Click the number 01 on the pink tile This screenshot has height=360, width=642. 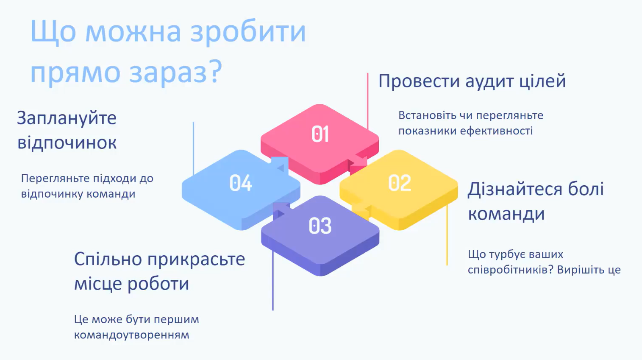320,134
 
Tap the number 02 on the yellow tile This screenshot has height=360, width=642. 400,183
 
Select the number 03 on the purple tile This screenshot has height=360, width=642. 320,226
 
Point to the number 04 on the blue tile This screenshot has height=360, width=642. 240,183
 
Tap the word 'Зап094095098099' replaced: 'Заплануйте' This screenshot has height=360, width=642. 67,118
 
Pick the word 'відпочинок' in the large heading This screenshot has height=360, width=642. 67,142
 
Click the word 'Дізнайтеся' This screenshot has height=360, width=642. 515,189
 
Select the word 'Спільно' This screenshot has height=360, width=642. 108,260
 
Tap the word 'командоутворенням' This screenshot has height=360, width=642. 131,335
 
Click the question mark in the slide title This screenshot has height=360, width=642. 215,71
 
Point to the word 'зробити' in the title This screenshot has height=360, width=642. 248,32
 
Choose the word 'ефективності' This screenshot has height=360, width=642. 496,131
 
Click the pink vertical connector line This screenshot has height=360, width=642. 368,101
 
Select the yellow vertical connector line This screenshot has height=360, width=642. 447,234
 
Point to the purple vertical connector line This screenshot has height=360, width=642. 272,281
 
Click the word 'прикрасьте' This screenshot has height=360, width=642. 196,260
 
